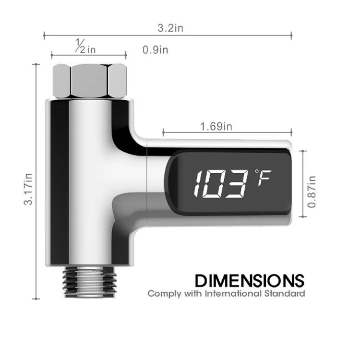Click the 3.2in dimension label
point(170,28)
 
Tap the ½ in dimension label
point(85,46)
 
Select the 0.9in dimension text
point(155,49)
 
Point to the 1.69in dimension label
point(216,126)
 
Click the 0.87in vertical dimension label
point(312,192)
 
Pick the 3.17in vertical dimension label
point(28,189)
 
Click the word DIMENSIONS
point(250,280)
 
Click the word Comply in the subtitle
point(164,294)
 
